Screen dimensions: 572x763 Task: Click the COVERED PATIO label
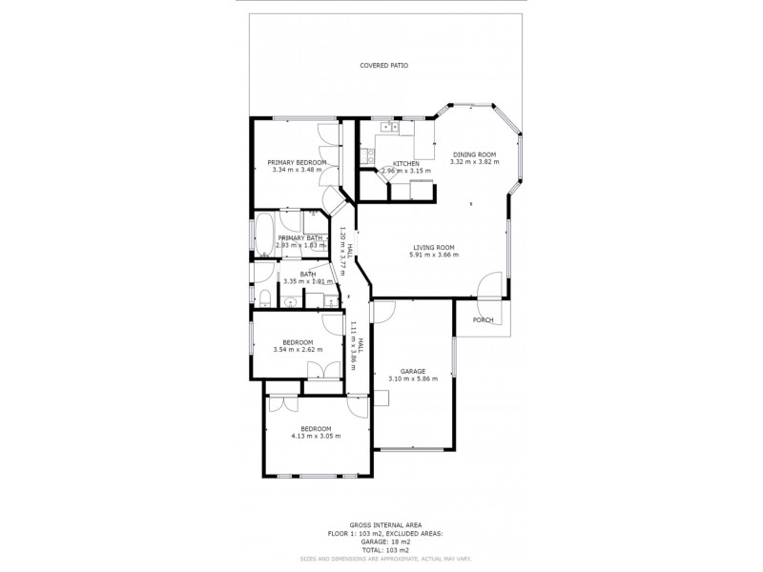point(383,66)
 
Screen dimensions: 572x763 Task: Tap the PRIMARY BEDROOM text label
point(297,162)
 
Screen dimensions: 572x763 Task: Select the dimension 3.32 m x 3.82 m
point(474,162)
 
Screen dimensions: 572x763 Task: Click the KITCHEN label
point(407,164)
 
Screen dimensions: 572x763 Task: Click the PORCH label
point(484,319)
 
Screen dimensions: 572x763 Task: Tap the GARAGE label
point(412,371)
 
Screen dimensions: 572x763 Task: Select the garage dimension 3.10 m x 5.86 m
point(412,378)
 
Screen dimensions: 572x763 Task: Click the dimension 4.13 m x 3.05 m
point(316,437)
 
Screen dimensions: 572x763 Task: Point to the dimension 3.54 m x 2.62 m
point(298,350)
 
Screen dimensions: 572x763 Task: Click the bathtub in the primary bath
point(263,236)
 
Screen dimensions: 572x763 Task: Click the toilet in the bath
point(266,303)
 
